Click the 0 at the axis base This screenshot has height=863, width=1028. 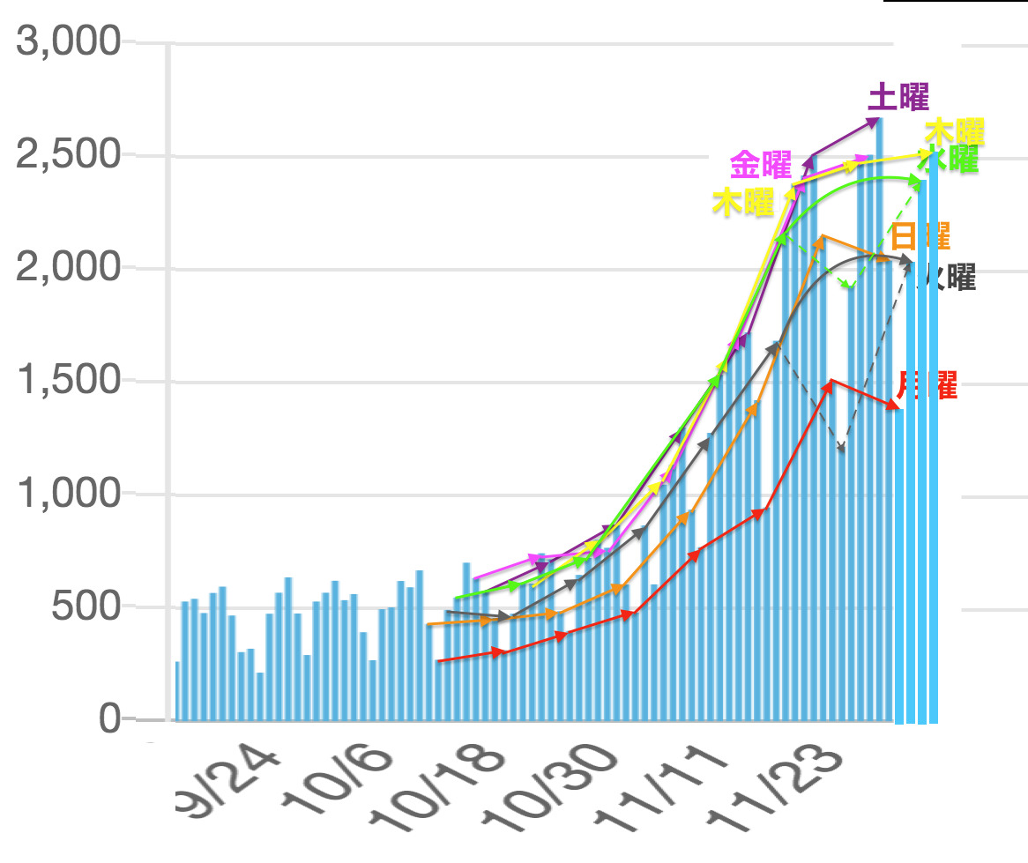click(x=109, y=719)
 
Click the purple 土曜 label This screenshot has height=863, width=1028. click(x=898, y=97)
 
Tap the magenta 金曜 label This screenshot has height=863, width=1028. click(x=760, y=165)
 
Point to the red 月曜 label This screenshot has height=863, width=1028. click(x=927, y=385)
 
